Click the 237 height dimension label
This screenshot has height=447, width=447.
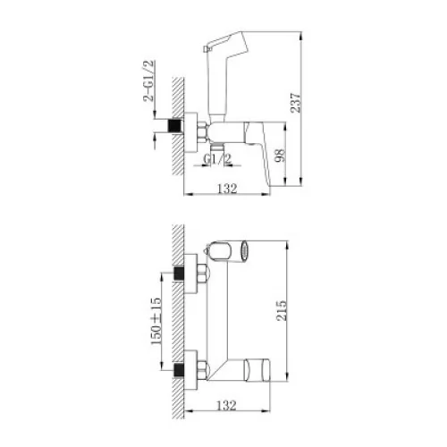[x=296, y=103]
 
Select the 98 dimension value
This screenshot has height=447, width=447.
[x=280, y=156]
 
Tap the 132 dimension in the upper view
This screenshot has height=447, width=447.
[x=227, y=189]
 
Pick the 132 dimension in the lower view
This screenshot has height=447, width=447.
[x=226, y=405]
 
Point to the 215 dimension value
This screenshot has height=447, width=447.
[x=282, y=311]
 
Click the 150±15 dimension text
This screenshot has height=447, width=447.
[x=156, y=321]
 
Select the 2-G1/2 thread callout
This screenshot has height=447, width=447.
[x=149, y=81]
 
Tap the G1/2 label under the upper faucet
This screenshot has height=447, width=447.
[x=217, y=159]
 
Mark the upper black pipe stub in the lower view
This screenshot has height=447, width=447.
[x=179, y=274]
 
